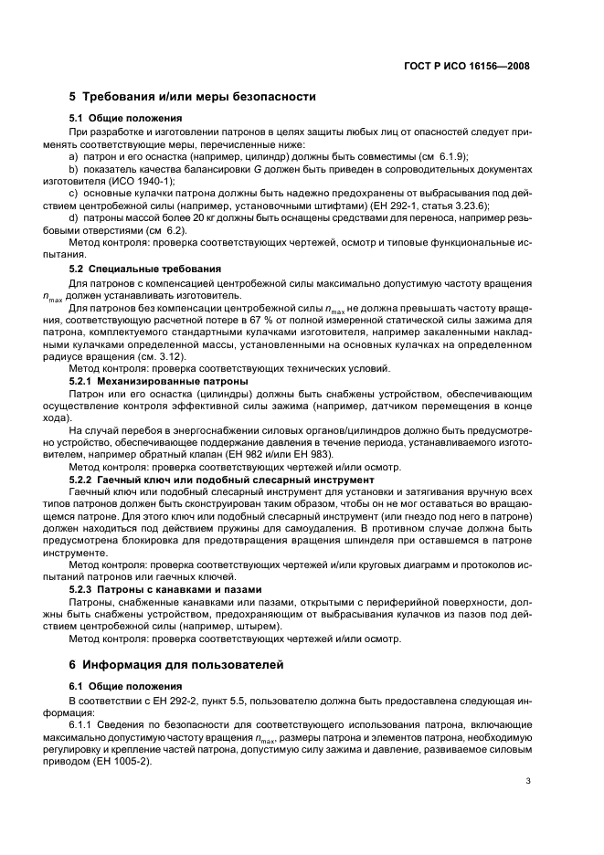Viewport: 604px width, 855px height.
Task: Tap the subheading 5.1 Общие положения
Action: [125, 119]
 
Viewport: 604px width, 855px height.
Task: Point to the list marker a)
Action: [74, 156]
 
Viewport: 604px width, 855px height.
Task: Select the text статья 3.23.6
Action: [453, 206]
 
